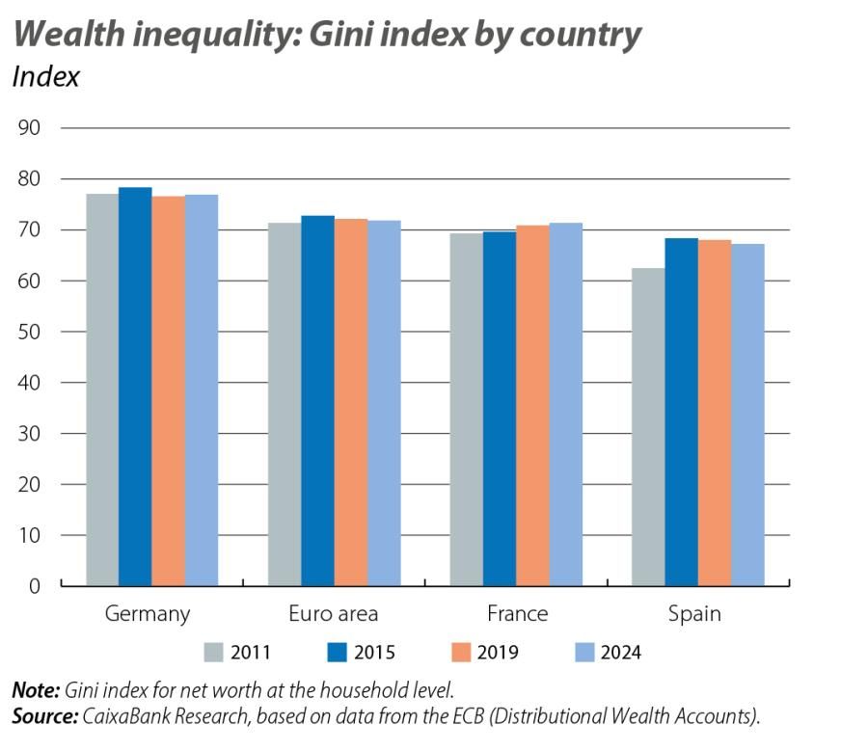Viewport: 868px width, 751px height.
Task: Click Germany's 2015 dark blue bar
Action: [136, 386]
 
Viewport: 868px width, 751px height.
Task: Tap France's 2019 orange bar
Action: [532, 405]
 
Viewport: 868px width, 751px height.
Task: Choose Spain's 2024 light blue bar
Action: [747, 415]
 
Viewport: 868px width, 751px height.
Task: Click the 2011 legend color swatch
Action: [213, 653]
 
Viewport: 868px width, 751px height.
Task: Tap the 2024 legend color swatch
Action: [583, 653]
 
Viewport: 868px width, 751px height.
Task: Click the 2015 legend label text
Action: [374, 653]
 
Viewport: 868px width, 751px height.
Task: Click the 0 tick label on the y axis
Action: [34, 586]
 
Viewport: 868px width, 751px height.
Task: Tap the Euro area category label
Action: [334, 614]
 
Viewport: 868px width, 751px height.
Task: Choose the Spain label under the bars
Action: [694, 614]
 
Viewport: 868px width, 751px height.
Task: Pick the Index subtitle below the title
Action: [45, 77]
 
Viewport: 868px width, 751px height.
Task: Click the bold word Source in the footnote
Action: [44, 716]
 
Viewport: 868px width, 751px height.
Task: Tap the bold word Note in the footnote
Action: [35, 690]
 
